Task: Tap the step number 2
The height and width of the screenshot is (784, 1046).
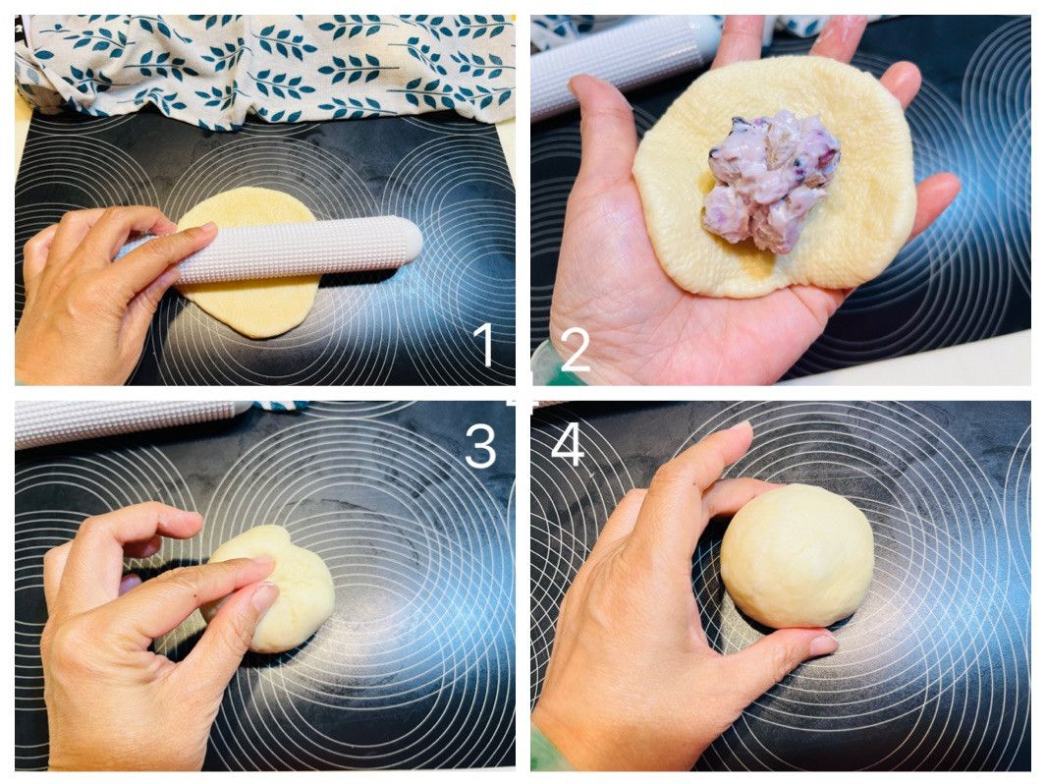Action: coord(575,350)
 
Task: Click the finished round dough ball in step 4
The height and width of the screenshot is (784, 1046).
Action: coord(798,555)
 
